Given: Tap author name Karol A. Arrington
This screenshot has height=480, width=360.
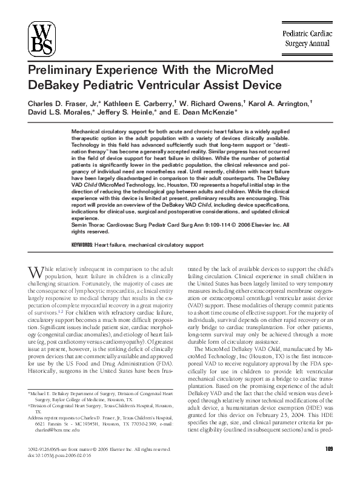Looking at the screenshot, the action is (x=281, y=104).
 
